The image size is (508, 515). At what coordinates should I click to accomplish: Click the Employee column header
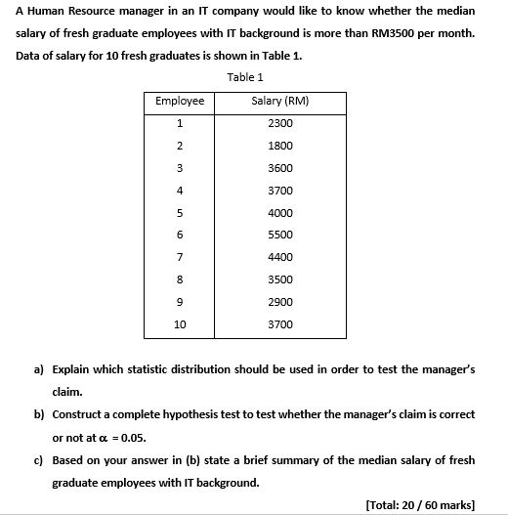(180, 101)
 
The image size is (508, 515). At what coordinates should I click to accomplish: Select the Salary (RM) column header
(279, 101)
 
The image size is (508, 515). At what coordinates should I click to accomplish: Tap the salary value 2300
(279, 123)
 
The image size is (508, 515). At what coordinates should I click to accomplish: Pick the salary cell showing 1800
(279, 146)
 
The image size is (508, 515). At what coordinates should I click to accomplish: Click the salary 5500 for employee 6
(279, 235)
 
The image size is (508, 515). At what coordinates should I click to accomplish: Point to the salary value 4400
(279, 257)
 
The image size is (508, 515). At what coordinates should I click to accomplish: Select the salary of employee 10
(279, 323)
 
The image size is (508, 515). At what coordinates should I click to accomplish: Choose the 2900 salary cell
(279, 301)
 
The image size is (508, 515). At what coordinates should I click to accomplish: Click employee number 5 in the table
(180, 212)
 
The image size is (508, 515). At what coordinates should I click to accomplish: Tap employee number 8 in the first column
(180, 279)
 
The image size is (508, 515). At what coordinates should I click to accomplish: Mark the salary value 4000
(279, 212)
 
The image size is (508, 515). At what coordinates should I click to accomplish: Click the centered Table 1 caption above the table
(245, 76)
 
